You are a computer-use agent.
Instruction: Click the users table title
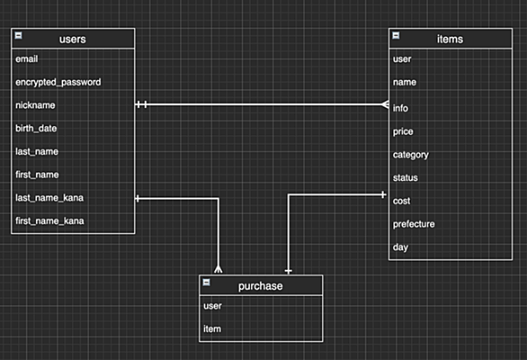[73, 40]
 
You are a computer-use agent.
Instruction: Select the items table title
[450, 40]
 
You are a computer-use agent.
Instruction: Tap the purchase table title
[261, 286]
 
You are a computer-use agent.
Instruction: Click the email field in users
[27, 59]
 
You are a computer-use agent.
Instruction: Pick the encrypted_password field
[58, 83]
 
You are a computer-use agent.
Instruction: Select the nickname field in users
[35, 105]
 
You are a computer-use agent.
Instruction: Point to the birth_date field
[36, 129]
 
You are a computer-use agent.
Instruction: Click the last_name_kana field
[49, 198]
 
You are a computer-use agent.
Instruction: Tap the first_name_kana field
[49, 221]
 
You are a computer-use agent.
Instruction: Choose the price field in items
[403, 131]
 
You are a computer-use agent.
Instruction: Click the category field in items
[411, 155]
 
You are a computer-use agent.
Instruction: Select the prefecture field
[414, 224]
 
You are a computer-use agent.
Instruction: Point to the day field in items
[400, 247]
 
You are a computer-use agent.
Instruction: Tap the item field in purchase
[212, 328]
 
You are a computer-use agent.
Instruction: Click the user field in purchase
[212, 306]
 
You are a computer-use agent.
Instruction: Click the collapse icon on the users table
[19, 35]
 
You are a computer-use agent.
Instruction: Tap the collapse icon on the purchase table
[206, 283]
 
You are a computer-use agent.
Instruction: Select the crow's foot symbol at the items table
[385, 104]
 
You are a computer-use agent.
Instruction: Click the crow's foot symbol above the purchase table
[219, 269]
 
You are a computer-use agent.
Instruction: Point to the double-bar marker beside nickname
[141, 104]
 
